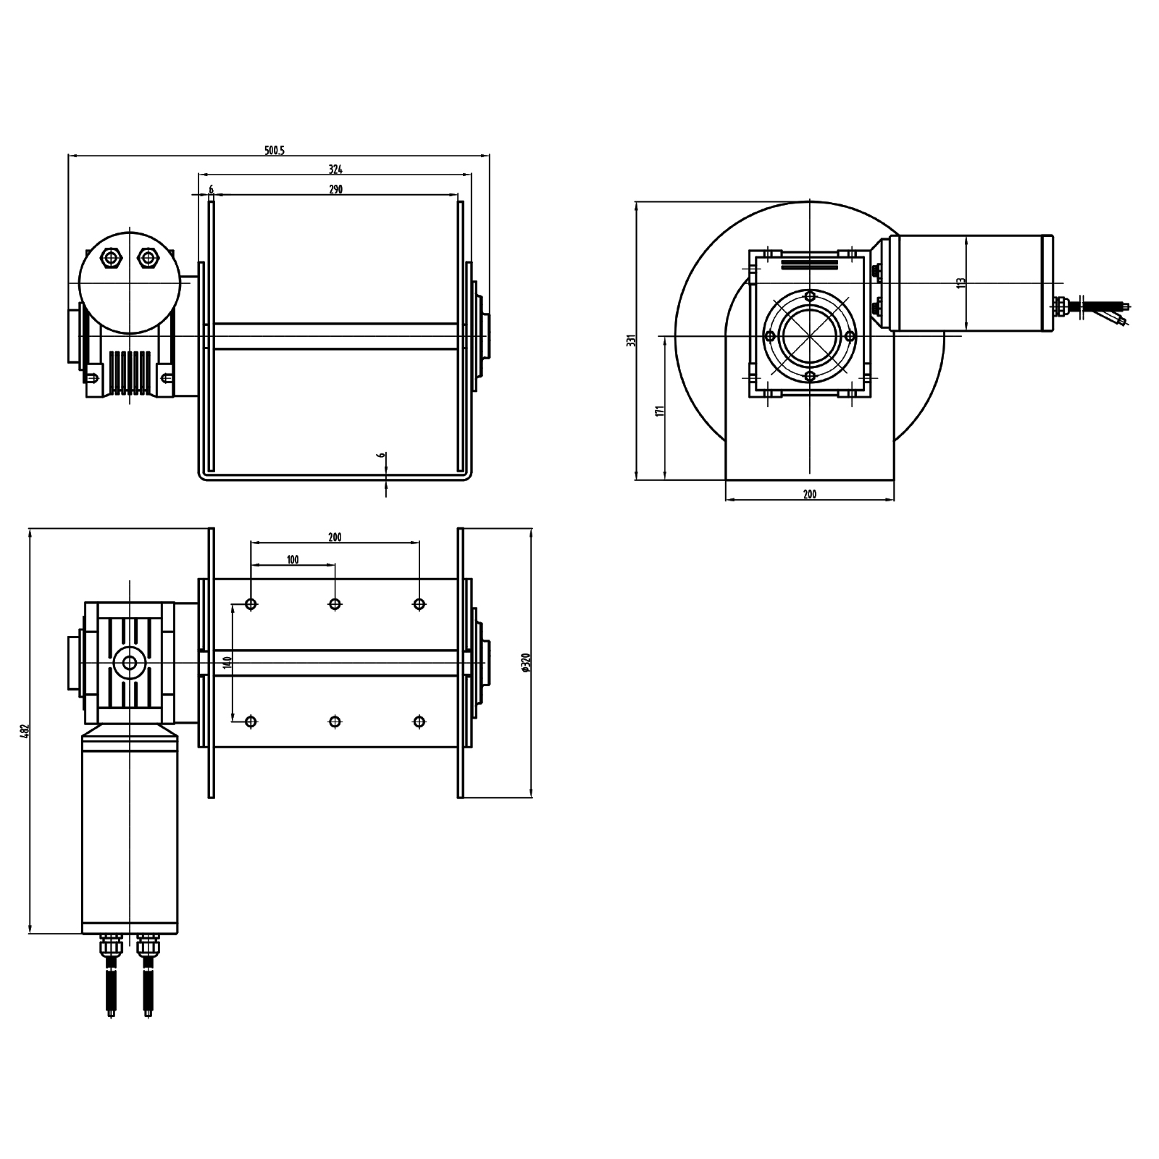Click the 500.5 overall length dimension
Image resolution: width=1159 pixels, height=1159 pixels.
pos(275,151)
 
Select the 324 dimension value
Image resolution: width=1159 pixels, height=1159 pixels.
pos(335,170)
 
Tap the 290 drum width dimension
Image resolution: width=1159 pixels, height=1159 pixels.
pos(335,190)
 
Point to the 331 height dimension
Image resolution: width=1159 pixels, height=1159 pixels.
pos(632,340)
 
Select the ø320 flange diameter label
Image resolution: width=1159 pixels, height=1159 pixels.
pos(527,663)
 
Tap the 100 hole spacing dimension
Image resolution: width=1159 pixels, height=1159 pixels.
pos(293,560)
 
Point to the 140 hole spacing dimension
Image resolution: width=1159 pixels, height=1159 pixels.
pos(227,662)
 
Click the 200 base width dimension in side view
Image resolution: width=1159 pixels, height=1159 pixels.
pos(810,495)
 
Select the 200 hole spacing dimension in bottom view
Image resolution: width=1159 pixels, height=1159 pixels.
pos(335,537)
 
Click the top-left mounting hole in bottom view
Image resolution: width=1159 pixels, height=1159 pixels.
pos(251,604)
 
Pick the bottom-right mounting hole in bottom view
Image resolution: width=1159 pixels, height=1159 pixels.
pos(419,721)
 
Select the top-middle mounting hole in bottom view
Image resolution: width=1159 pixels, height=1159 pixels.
pos(335,604)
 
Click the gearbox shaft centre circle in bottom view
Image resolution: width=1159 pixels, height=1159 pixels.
pos(130,663)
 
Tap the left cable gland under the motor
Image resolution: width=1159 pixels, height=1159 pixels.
pos(111,945)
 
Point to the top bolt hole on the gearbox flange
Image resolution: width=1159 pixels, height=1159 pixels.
pos(810,296)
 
